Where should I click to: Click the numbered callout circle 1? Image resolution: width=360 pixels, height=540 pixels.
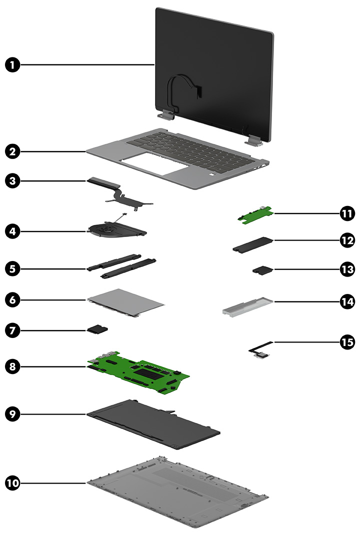coord(13,65)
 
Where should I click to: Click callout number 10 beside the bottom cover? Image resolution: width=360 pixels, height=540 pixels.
coord(13,483)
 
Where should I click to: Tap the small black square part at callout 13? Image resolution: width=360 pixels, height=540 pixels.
coord(262,270)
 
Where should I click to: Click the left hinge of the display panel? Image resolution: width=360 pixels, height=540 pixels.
coord(165,115)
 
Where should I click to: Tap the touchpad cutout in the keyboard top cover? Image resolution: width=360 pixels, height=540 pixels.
coord(150,164)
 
